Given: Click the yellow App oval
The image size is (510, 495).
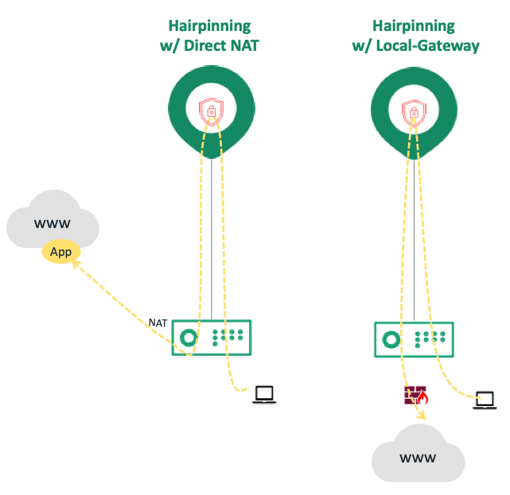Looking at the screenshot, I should click(61, 253).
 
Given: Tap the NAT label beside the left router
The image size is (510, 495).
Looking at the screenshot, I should click(158, 323).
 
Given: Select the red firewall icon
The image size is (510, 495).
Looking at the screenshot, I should click(415, 395).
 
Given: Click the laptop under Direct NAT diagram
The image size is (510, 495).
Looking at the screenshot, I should click(263, 394).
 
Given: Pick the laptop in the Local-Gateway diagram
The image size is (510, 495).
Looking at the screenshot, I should click(485, 400).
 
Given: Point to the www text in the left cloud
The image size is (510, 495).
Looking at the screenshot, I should click(53, 224).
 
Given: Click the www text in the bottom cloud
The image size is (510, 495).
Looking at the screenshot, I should click(418, 458).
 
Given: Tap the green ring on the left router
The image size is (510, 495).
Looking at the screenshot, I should click(189, 337).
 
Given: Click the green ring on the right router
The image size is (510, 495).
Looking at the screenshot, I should click(391, 339).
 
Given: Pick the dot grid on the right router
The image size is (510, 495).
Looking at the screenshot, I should click(430, 339).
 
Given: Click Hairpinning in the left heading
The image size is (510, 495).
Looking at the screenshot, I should click(210, 25).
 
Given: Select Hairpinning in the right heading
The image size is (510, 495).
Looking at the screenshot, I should click(415, 25).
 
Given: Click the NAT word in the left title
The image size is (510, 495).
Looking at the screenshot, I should click(243, 46).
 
